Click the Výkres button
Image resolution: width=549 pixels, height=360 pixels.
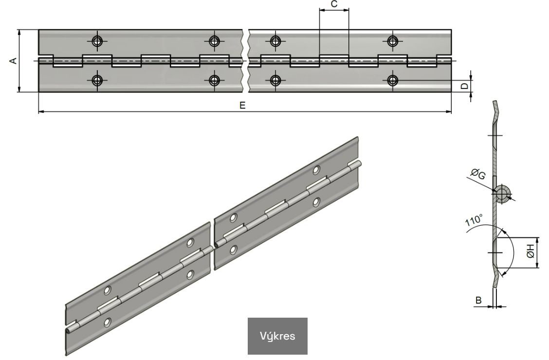point(277,336)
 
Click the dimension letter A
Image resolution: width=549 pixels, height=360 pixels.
point(13,61)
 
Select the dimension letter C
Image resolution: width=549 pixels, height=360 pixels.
point(334,4)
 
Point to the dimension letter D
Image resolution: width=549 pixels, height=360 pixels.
point(465,86)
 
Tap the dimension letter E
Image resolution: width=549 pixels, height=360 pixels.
point(243,105)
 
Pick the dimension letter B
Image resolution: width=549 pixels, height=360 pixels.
point(478,300)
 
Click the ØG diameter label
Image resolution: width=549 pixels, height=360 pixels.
point(478,174)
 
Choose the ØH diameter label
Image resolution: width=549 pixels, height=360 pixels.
point(531,251)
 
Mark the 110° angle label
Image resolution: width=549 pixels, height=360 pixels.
point(474,221)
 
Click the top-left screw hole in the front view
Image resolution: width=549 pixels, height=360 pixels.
point(97,41)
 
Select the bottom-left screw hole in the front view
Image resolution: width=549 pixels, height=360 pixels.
point(97,80)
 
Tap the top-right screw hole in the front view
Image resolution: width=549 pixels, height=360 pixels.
point(393,41)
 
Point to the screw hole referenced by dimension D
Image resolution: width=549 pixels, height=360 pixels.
point(393,80)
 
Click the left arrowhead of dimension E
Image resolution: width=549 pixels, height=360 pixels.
point(41,111)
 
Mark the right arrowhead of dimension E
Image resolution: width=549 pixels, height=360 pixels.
point(449,111)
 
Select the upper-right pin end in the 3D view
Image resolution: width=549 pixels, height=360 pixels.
point(359,164)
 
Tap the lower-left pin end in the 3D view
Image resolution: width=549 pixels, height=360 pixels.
point(68,330)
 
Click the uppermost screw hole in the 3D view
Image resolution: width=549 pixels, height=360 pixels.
point(316,170)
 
